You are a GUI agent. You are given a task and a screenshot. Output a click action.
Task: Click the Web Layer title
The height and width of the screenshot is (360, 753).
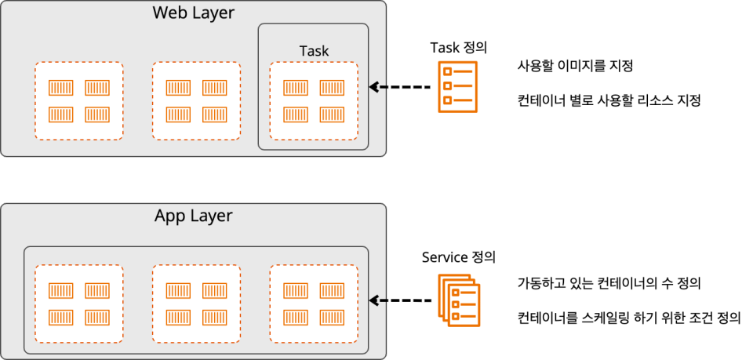pos(193,13)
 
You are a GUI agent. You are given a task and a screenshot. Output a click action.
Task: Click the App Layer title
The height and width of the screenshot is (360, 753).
pos(193,216)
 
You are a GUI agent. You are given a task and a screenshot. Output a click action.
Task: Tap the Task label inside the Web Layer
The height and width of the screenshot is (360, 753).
pos(314,51)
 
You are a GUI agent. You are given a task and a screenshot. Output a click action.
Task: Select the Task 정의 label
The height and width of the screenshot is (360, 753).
pos(459,47)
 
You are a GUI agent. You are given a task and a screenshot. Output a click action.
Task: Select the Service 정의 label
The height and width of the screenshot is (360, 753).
pos(458,256)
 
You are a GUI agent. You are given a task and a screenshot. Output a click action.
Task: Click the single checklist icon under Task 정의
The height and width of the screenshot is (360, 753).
pos(458,87)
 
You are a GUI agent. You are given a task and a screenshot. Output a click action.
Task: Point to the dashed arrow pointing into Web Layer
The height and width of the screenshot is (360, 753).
pos(400,87)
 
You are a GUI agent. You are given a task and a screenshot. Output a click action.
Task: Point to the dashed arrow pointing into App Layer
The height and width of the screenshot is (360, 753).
pos(400,300)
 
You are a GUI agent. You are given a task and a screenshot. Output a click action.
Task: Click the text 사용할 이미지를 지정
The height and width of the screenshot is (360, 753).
pos(575,66)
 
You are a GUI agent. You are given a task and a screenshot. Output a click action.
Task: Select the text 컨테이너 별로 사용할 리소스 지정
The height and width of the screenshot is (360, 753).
pos(608,100)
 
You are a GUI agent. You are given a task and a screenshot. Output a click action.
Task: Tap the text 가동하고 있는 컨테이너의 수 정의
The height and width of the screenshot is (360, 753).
pos(609,282)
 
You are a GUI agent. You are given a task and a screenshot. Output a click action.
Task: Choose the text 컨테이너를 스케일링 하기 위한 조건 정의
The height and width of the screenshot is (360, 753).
pos(628,318)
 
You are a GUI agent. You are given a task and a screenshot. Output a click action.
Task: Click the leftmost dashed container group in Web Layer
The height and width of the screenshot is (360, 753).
pos(78,100)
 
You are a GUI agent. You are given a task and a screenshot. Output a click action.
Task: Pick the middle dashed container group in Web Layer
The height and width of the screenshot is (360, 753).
pos(196,100)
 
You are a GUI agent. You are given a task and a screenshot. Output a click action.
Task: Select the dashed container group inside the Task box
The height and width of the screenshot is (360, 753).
pos(314,101)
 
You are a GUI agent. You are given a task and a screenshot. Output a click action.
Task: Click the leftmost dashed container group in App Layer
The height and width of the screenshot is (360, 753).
pos(78,304)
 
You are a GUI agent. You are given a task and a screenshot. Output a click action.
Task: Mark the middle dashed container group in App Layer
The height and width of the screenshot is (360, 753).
pos(196,304)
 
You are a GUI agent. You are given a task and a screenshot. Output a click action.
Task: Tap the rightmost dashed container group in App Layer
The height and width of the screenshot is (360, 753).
pos(314,304)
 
